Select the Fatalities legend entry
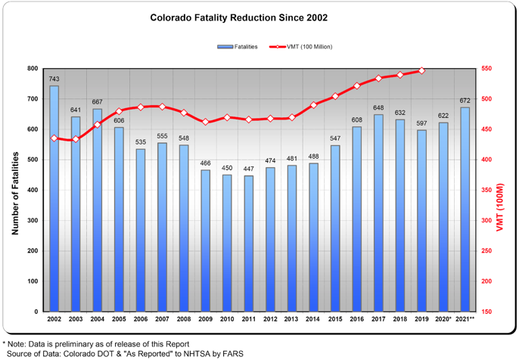pyautogui.click(x=237, y=47)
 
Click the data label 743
pyautogui.click(x=54, y=79)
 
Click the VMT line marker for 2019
pyautogui.click(x=422, y=71)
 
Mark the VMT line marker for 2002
pyautogui.click(x=54, y=138)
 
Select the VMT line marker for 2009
pyautogui.click(x=205, y=122)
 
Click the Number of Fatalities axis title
pyautogui.click(x=14, y=190)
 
